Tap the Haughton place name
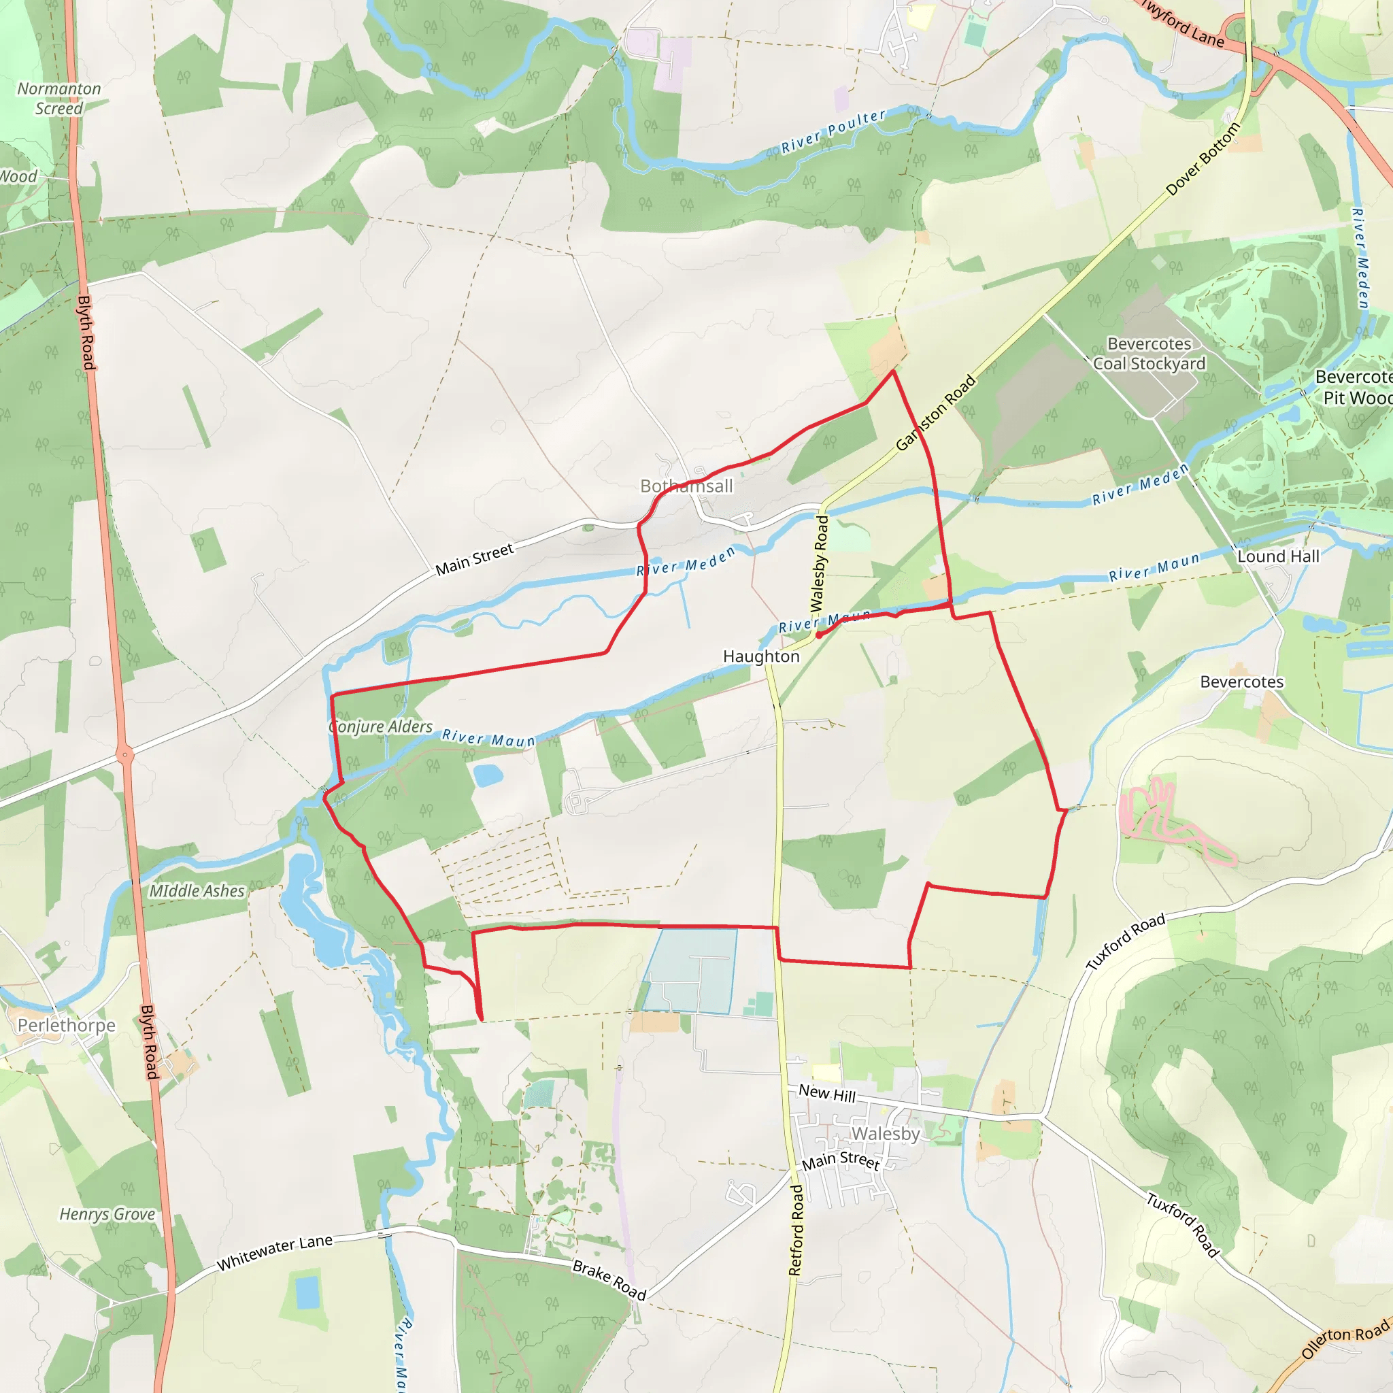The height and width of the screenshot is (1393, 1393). tap(760, 656)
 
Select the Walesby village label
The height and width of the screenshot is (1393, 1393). tap(886, 1133)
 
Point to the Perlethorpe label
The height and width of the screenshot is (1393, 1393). tap(67, 1025)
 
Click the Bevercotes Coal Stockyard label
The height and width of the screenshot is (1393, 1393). tap(1149, 353)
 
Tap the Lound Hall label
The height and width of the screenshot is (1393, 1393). tap(1277, 556)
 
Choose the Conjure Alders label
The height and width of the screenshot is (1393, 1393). tap(381, 727)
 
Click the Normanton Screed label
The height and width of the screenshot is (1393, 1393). tap(59, 99)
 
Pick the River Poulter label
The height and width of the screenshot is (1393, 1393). tap(833, 132)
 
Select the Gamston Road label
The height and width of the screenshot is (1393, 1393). tap(935, 413)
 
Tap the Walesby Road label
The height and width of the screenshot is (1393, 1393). tap(820, 563)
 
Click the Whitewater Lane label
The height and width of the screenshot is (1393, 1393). tap(275, 1252)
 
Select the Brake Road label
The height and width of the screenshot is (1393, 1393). tap(609, 1280)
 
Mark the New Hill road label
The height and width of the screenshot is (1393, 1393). tap(827, 1094)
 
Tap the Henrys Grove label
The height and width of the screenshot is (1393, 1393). tap(107, 1214)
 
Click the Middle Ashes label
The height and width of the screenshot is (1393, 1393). tap(197, 891)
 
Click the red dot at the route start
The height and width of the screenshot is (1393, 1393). tap(819, 636)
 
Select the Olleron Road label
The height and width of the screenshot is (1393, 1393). tap(1345, 1338)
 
